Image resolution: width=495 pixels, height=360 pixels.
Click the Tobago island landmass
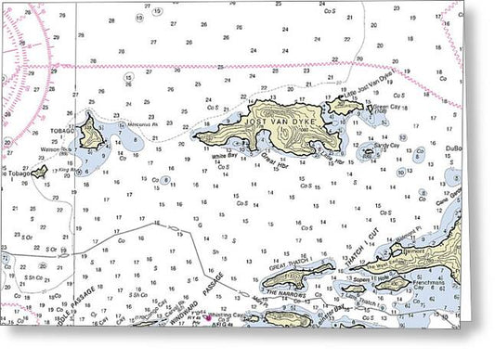(91, 134)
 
